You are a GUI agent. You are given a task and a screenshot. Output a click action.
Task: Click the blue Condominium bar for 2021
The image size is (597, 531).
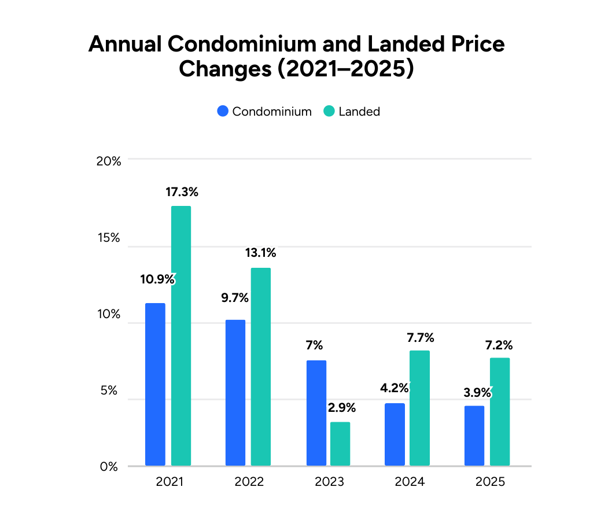(155, 384)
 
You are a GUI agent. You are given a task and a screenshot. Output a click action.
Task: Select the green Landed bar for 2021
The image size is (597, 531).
(181, 335)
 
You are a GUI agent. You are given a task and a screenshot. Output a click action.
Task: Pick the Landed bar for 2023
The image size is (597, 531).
(340, 444)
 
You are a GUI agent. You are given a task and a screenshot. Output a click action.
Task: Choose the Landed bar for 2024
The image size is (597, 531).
(419, 408)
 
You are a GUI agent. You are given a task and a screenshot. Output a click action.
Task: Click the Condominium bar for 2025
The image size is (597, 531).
(474, 436)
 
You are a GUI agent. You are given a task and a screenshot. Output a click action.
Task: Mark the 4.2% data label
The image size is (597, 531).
(394, 388)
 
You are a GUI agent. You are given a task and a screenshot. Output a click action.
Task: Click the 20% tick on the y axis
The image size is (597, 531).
(108, 161)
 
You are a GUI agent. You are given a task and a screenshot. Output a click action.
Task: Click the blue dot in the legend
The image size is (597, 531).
(223, 112)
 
